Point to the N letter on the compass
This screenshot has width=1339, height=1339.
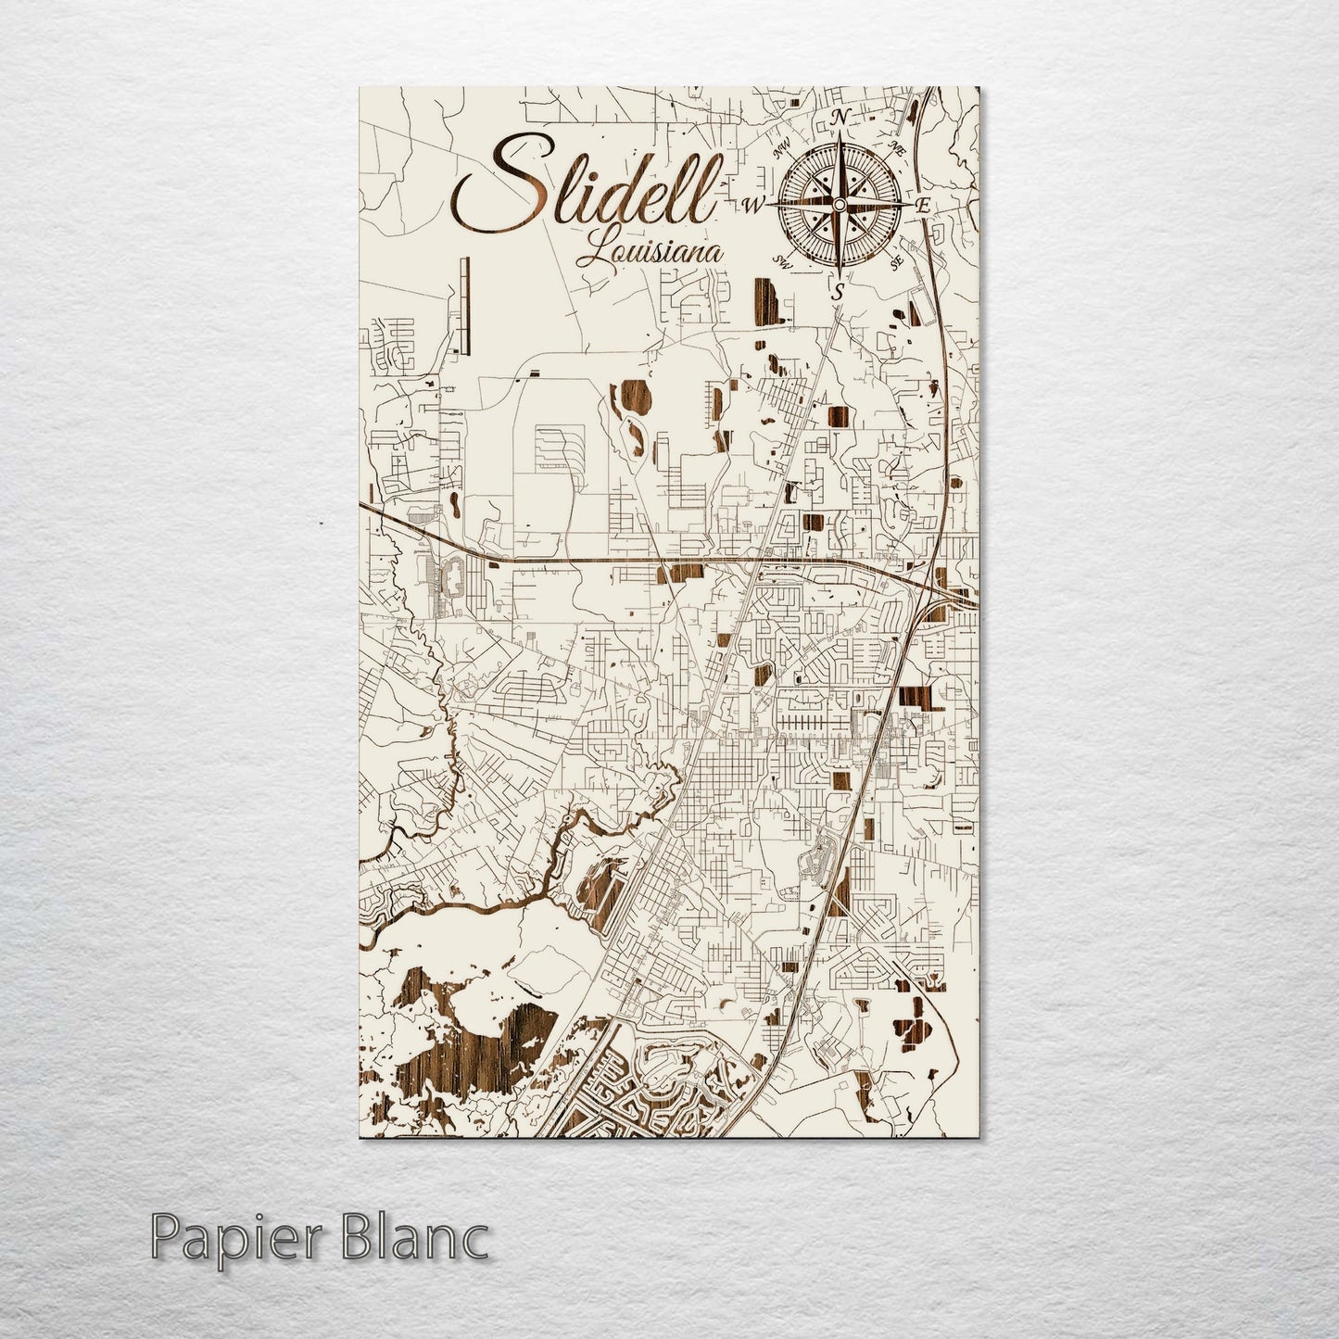pyautogui.click(x=841, y=117)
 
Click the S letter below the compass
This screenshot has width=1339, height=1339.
pyautogui.click(x=838, y=291)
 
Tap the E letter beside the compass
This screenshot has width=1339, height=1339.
pyautogui.click(x=923, y=206)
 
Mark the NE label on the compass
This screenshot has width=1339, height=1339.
pyautogui.click(x=895, y=145)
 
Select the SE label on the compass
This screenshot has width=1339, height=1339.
pyautogui.click(x=895, y=263)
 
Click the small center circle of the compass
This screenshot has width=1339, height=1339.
pyautogui.click(x=840, y=204)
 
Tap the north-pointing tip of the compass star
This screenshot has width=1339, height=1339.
pyautogui.click(x=840, y=134)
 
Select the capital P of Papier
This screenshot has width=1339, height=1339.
pyautogui.click(x=168, y=1239)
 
